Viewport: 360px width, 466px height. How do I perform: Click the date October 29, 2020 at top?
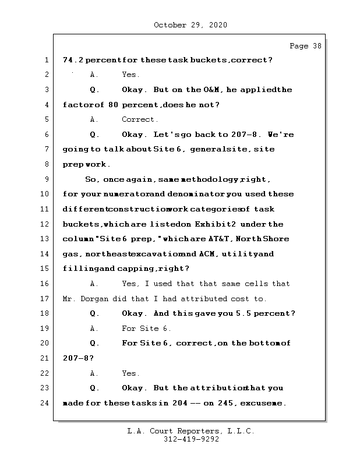(190, 25)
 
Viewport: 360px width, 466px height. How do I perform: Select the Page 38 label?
(305, 46)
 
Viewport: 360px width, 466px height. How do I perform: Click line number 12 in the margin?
(45, 224)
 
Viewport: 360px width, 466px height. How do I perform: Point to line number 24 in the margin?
(45, 403)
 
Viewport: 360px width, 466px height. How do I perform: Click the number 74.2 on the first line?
(73, 60)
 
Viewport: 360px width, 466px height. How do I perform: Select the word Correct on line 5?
(139, 119)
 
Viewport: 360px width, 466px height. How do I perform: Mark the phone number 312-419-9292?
(190, 440)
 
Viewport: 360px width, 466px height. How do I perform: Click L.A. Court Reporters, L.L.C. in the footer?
(190, 431)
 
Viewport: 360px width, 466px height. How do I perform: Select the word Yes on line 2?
(130, 75)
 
